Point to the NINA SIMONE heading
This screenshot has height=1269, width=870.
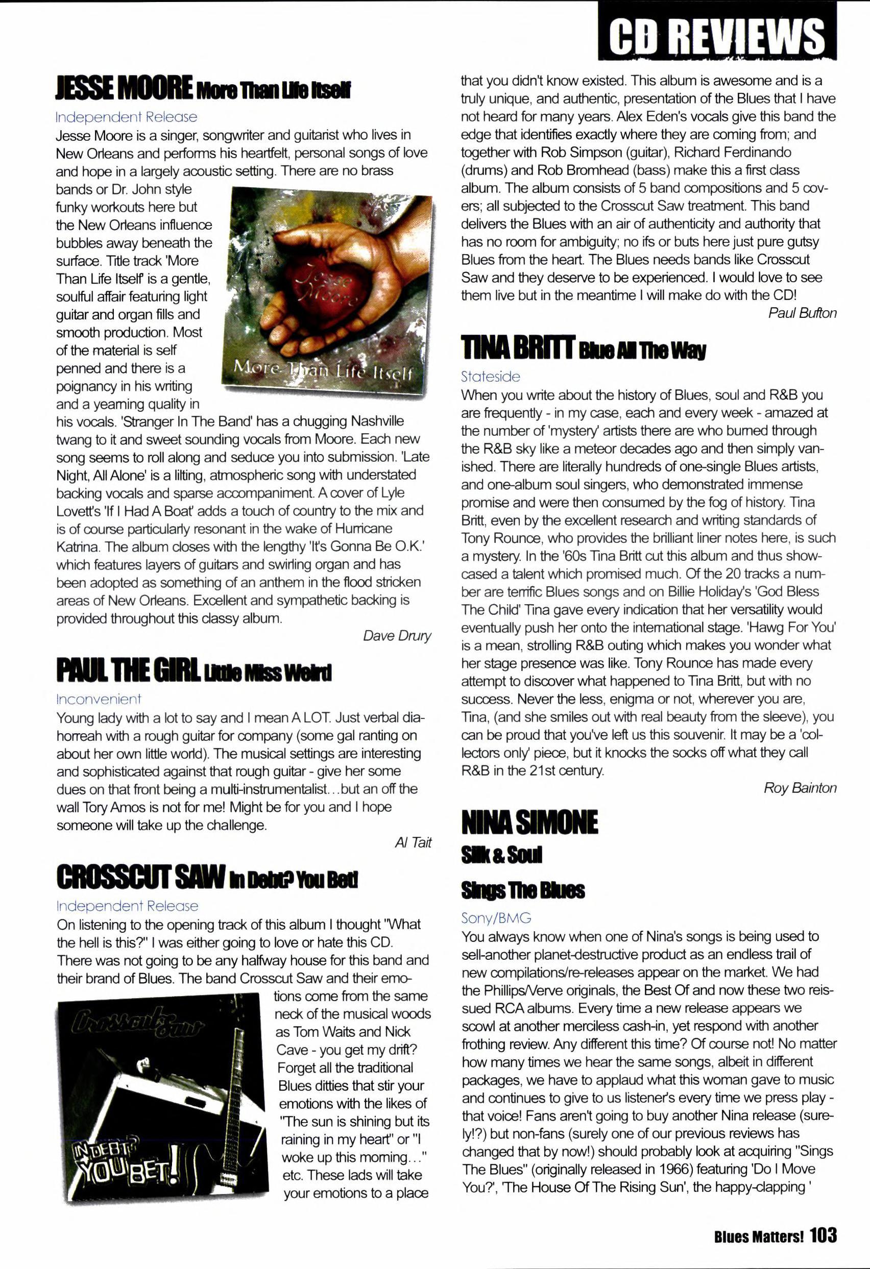click(529, 823)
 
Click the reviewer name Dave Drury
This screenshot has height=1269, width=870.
click(397, 636)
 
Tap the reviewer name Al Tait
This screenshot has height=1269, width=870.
click(413, 842)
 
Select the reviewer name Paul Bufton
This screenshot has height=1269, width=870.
click(802, 313)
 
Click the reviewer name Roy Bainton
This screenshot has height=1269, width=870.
click(800, 788)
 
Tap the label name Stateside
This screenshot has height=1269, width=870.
click(490, 376)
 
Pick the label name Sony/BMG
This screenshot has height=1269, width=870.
click(496, 918)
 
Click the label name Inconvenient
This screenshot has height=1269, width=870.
click(99, 699)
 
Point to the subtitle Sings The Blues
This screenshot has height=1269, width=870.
click(522, 890)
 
